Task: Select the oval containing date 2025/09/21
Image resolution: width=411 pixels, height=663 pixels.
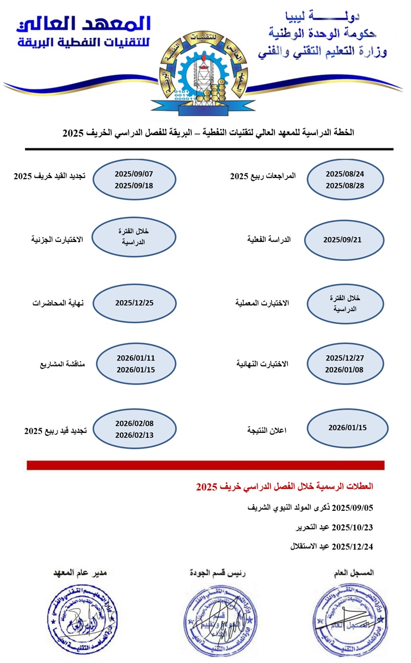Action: point(343,240)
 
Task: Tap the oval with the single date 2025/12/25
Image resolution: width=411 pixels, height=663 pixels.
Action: point(134,303)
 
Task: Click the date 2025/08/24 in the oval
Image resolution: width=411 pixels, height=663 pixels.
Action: point(345,174)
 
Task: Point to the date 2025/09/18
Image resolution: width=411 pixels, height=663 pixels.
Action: point(134,186)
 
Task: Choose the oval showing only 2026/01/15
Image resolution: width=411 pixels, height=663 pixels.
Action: point(347,428)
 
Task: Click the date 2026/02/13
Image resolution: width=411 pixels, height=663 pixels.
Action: point(134,435)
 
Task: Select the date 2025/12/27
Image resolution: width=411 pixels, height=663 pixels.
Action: point(345,358)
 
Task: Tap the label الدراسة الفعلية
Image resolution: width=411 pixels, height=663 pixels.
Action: point(269,240)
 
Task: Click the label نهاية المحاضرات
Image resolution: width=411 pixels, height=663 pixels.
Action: point(58,303)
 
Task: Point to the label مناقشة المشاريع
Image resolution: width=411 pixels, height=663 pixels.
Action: point(62,364)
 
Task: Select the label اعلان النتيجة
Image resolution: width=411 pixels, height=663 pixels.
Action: point(266,431)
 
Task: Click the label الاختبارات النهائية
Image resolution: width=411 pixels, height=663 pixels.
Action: point(262,364)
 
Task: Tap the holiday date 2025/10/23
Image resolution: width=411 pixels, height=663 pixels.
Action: point(352,527)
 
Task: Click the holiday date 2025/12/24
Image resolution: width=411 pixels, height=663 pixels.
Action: point(352,547)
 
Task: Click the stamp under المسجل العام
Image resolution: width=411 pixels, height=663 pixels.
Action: point(350,620)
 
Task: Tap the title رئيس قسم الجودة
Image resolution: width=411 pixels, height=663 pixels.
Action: point(218,573)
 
